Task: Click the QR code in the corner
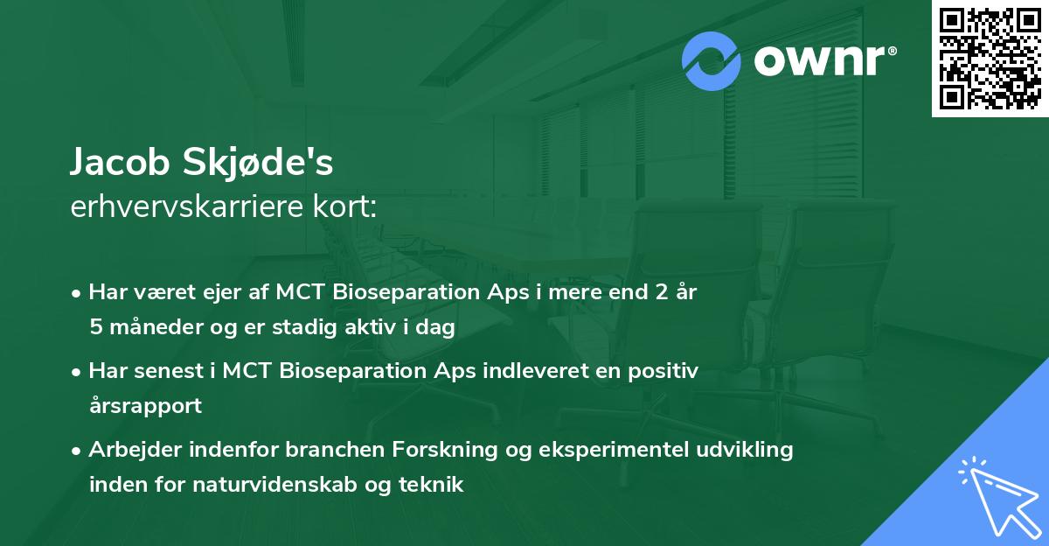(x=990, y=59)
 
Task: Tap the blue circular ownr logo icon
(x=712, y=61)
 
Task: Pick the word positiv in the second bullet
(x=664, y=371)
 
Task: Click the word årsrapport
(x=145, y=405)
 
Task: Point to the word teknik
(x=432, y=484)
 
